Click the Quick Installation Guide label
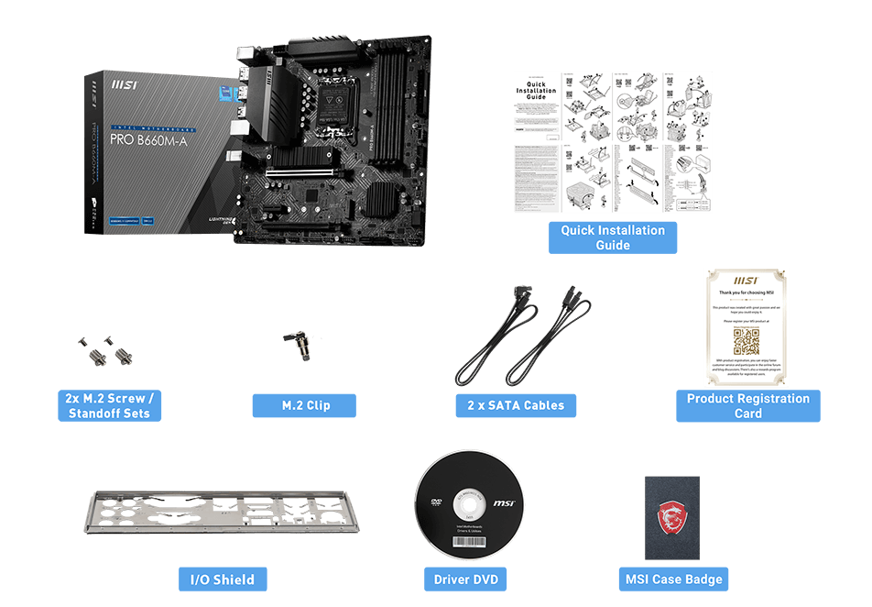613,237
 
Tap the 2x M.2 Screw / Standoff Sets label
108,405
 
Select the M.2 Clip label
304,405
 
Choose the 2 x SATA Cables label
516,405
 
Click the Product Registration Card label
747,405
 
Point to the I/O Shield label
223,579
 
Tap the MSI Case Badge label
673,579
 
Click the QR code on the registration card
747,342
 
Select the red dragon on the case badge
671,516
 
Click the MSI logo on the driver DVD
504,503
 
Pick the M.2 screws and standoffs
106,349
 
